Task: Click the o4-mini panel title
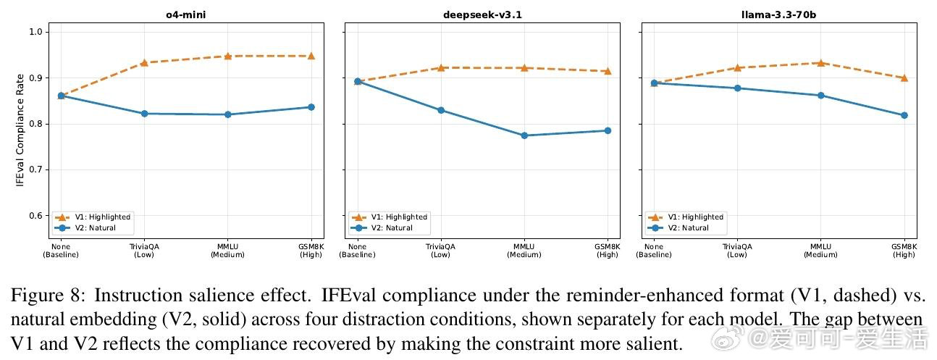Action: (x=185, y=14)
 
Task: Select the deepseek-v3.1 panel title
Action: (x=482, y=14)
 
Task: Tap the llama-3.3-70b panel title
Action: (x=779, y=14)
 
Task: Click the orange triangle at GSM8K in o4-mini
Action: (x=311, y=56)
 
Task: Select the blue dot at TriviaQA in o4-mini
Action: (x=144, y=114)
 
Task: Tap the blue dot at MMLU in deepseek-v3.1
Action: (x=524, y=135)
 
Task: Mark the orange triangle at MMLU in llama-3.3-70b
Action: (x=821, y=63)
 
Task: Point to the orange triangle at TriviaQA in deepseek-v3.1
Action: (x=441, y=67)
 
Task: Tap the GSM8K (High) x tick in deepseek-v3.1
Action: (x=608, y=251)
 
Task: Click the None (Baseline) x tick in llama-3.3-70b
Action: (x=655, y=251)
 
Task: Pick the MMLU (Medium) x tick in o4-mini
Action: (x=227, y=251)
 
